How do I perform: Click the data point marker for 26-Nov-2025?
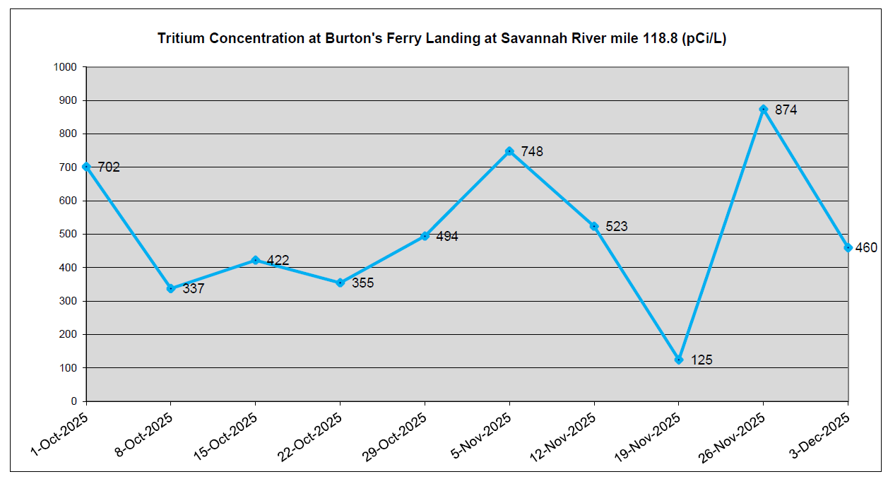pyautogui.click(x=763, y=109)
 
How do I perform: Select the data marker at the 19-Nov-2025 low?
pyautogui.click(x=679, y=360)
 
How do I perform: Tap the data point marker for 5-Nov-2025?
pyautogui.click(x=509, y=151)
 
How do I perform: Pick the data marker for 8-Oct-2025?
pyautogui.click(x=170, y=288)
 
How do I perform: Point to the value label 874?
pyautogui.click(x=786, y=110)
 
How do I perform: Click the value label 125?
pyautogui.click(x=701, y=360)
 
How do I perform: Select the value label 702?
pyautogui.click(x=109, y=167)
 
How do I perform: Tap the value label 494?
pyautogui.click(x=447, y=237)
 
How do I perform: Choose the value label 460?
pyautogui.click(x=866, y=248)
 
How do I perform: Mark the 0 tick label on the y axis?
pyautogui.click(x=74, y=401)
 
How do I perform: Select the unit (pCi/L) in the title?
pyautogui.click(x=704, y=39)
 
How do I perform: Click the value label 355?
pyautogui.click(x=362, y=283)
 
